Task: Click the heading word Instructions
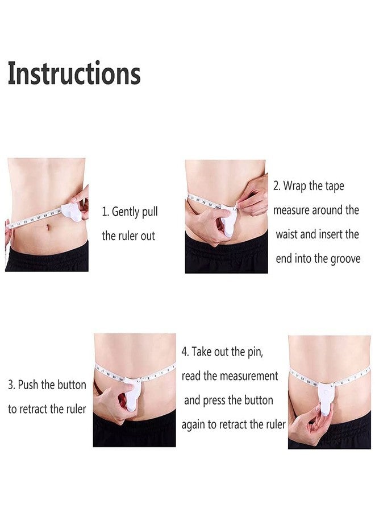coord(74,73)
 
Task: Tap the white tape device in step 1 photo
coord(71,213)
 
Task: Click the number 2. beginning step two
coord(277,186)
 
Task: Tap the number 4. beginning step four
coord(185,352)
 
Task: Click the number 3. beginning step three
coord(11,385)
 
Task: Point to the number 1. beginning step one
coord(105,212)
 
